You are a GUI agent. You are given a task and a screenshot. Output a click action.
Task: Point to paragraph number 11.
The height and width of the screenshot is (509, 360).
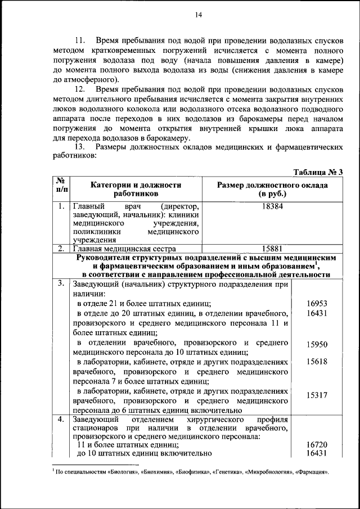[x=80, y=41]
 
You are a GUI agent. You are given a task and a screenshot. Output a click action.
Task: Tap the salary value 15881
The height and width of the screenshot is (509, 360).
[x=272, y=248]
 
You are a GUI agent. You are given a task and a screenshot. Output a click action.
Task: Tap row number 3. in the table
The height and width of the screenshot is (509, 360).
[x=60, y=283]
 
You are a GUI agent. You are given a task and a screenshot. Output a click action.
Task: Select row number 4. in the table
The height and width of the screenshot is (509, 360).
[x=60, y=420]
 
